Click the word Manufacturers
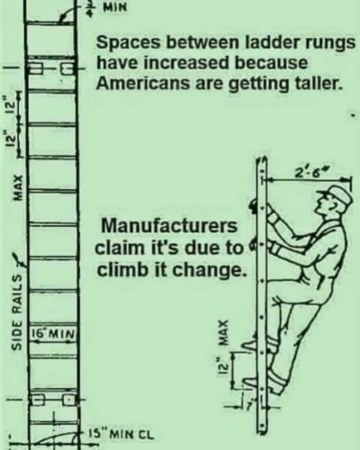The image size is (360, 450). click(169, 226)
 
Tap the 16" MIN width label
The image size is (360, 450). click(52, 333)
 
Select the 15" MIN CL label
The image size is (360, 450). click(121, 434)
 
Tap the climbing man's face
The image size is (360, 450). click(325, 205)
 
